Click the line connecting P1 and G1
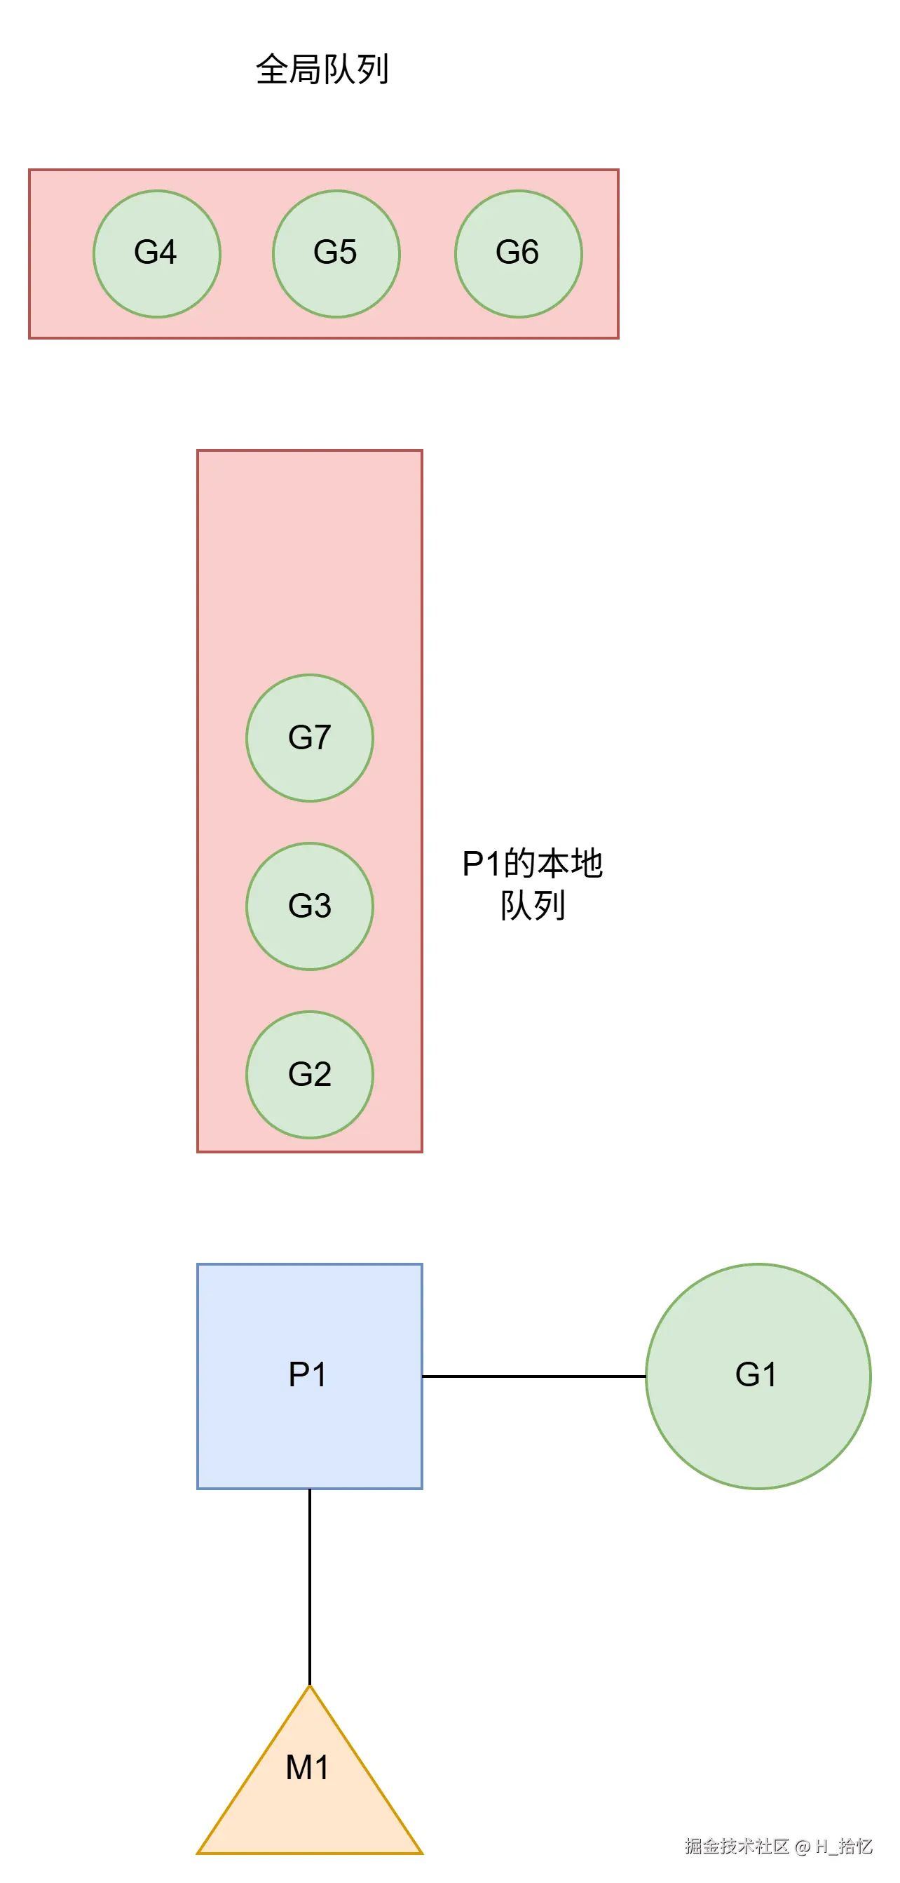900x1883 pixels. pos(533,1376)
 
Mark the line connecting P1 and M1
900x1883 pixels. pos(310,1586)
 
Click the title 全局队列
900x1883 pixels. pos(322,69)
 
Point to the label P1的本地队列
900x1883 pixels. pos(533,885)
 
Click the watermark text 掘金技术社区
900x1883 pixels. pos(737,1847)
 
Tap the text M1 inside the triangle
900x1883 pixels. pos(308,1767)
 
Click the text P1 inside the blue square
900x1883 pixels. pos(308,1374)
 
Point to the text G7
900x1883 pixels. pos(310,737)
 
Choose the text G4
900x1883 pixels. pos(156,252)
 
